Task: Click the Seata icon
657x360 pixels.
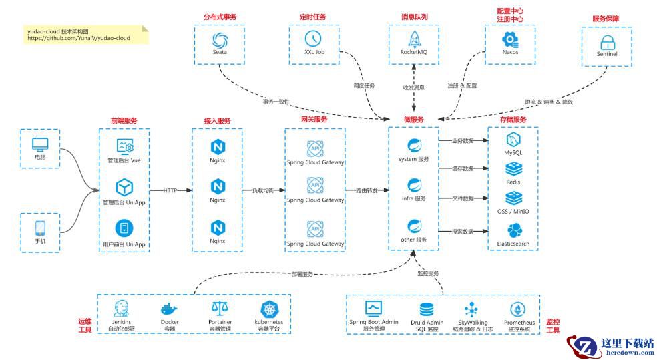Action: click(219, 39)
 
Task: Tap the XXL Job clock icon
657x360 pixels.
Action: click(312, 38)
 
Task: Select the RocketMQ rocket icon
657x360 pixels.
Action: click(413, 39)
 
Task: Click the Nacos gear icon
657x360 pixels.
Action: click(510, 39)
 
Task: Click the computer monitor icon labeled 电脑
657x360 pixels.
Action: click(40, 144)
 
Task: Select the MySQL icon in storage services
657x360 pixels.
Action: click(513, 140)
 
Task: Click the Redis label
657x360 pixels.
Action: click(513, 182)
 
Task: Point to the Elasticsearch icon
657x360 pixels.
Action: click(513, 231)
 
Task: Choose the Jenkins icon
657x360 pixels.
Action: click(122, 309)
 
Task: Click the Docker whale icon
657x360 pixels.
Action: click(170, 309)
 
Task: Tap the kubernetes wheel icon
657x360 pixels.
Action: click(270, 309)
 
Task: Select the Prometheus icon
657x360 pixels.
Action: click(519, 309)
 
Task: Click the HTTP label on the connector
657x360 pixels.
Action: click(171, 190)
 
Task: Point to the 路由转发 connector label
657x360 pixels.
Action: click(367, 190)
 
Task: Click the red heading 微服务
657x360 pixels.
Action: click(413, 120)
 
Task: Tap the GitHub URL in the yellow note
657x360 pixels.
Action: click(79, 39)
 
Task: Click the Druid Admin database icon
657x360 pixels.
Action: click(427, 309)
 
